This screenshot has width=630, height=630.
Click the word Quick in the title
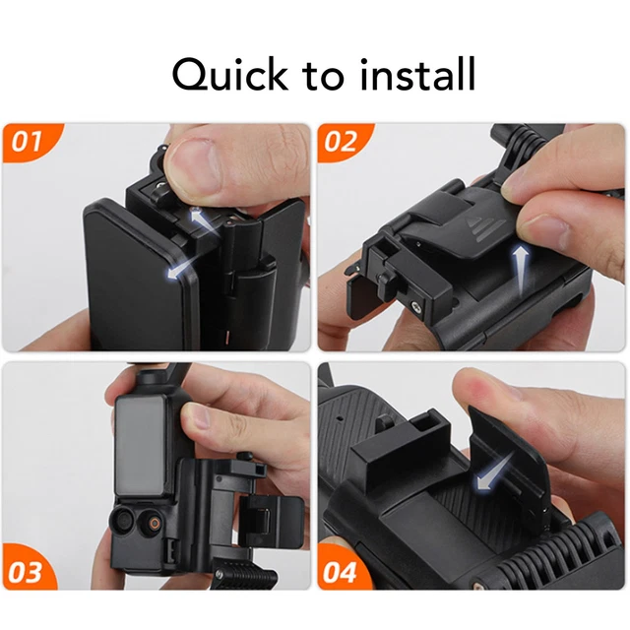tap(229, 74)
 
